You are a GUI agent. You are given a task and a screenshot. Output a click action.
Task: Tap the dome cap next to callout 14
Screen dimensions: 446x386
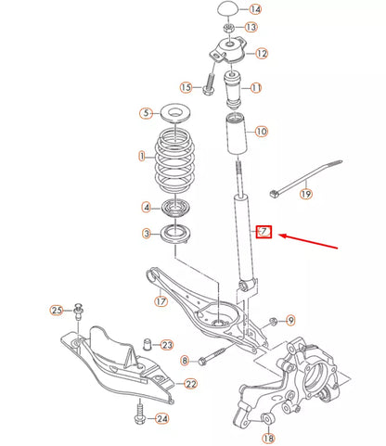tap(228, 9)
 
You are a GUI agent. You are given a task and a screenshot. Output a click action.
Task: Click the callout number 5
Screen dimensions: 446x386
tap(145, 113)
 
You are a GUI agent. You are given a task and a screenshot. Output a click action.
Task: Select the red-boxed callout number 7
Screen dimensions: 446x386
tap(264, 231)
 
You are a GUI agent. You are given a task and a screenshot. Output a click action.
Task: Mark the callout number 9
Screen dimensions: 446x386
tap(289, 320)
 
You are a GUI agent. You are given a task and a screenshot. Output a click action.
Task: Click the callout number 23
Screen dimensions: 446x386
tap(167, 345)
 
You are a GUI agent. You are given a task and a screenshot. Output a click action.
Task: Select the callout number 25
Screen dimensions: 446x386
tap(56, 310)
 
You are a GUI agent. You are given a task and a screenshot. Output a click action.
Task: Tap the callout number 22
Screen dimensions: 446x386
tap(191, 384)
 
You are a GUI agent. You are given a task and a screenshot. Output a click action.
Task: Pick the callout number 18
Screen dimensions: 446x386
tap(269, 438)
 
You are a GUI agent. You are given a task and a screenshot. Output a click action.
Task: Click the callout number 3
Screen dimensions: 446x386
tap(146, 233)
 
